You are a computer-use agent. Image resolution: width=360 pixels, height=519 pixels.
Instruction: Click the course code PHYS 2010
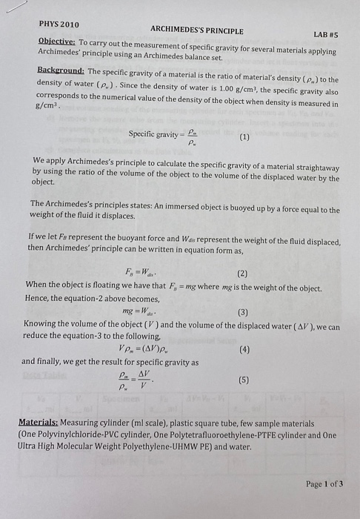coord(59,24)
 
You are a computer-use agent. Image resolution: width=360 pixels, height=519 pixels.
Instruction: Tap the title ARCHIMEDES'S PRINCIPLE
coord(196,30)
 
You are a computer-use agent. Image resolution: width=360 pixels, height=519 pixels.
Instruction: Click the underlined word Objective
coord(57,42)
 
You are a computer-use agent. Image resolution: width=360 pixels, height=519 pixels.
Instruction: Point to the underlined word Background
coord(60,70)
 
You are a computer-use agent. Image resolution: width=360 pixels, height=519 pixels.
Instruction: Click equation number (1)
coord(244,138)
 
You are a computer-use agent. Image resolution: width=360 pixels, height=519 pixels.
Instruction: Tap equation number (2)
coord(242,272)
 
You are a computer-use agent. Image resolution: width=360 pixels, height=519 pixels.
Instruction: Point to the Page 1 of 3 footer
coord(324,483)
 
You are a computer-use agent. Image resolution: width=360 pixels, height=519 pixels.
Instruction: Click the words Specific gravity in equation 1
coord(153,134)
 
